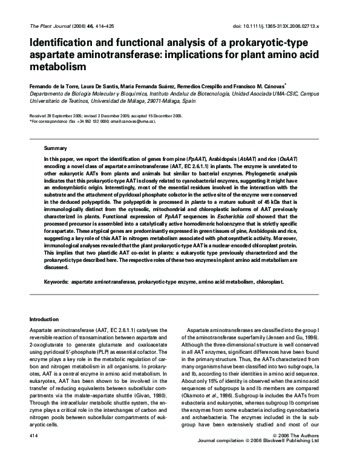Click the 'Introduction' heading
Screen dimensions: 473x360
[46, 319]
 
